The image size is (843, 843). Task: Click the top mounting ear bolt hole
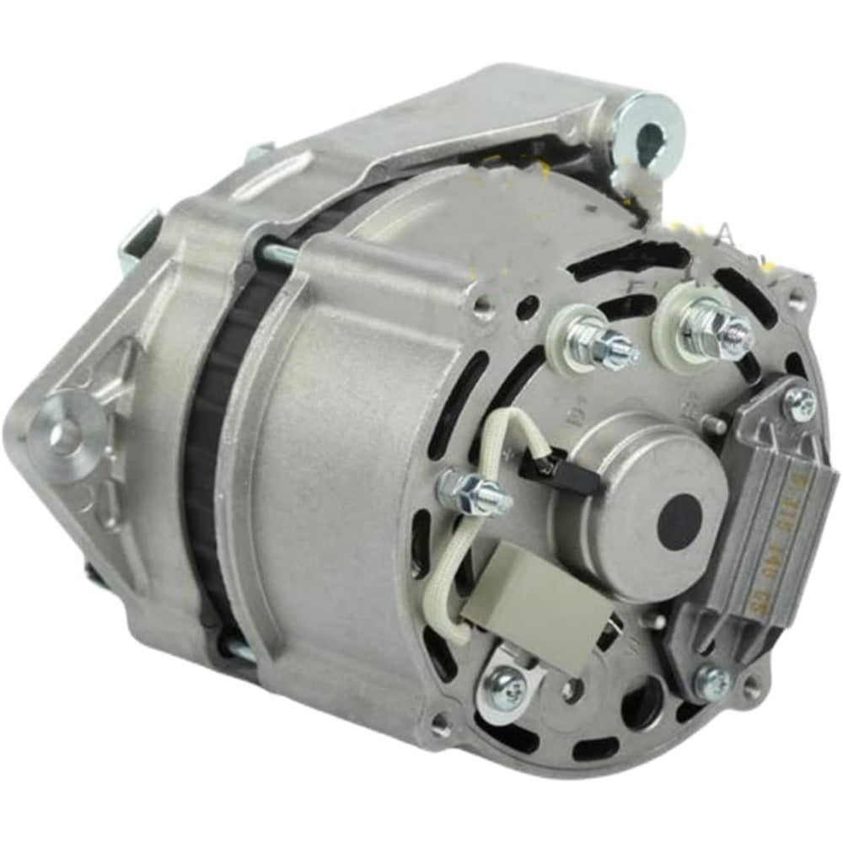coord(652,137)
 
